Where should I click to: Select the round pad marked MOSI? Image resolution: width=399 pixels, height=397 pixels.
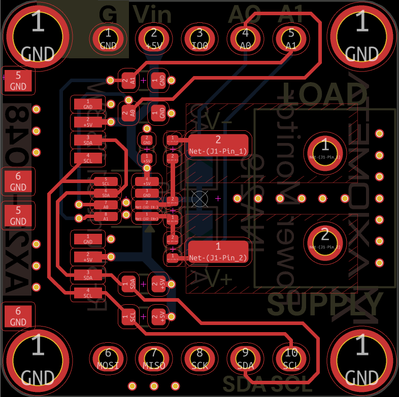[108, 358]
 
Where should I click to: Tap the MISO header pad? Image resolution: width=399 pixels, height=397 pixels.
[154, 358]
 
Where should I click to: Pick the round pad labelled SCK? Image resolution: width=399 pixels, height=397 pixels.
[199, 358]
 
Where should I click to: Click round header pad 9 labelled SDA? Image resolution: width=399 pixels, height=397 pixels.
[245, 358]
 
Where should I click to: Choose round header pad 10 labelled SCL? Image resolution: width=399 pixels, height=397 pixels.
[291, 358]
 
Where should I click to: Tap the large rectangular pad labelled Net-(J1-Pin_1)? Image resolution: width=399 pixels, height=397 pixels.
[218, 146]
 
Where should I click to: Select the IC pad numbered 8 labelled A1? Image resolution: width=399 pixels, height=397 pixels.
[106, 217]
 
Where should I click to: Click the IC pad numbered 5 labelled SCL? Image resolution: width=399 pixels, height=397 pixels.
[106, 182]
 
